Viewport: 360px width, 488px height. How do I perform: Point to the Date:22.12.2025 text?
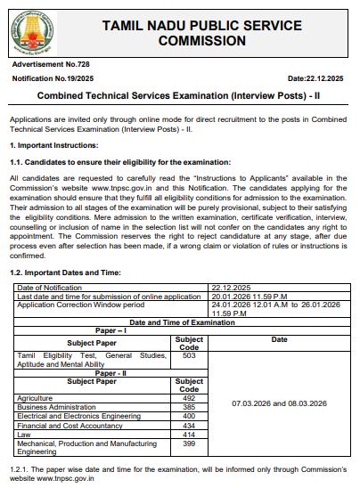click(x=318, y=81)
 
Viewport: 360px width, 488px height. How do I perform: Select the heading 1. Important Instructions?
click(x=56, y=144)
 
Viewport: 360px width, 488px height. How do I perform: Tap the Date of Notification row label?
click(x=50, y=288)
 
